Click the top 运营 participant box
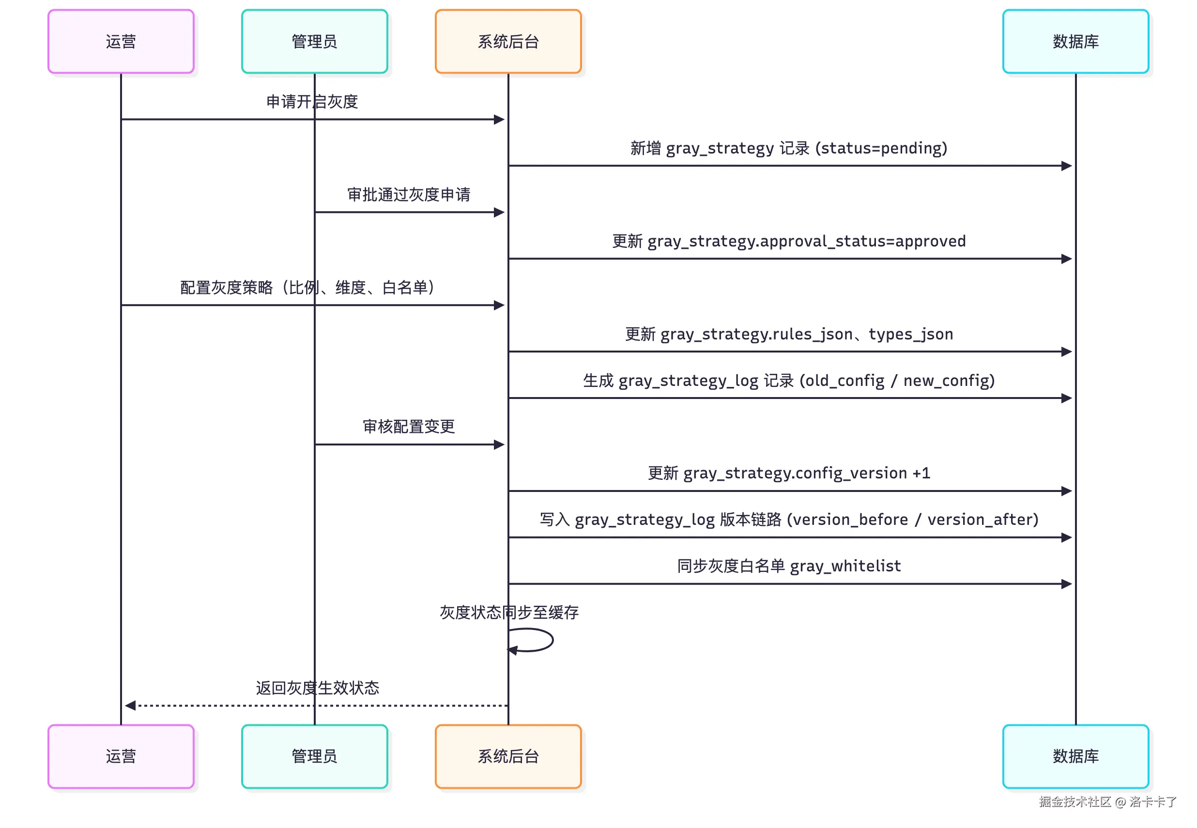pos(121,42)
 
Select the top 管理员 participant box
pos(314,42)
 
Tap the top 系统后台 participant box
pos(508,42)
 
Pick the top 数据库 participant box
pos(1075,42)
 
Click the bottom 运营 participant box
pos(121,756)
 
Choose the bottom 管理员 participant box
pos(314,756)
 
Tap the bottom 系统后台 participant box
pos(508,756)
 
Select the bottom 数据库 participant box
pos(1075,756)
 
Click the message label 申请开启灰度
pos(312,102)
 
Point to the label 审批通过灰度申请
pos(408,195)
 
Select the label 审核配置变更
pos(408,427)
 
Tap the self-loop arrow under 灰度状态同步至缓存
pos(539,640)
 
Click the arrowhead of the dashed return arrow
pos(130,705)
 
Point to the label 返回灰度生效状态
pos(317,688)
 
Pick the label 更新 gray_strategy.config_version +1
pos(789,473)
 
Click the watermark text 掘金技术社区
pos(1074,801)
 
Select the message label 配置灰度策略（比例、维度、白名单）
pos(307,288)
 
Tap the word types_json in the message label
pos(911,334)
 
